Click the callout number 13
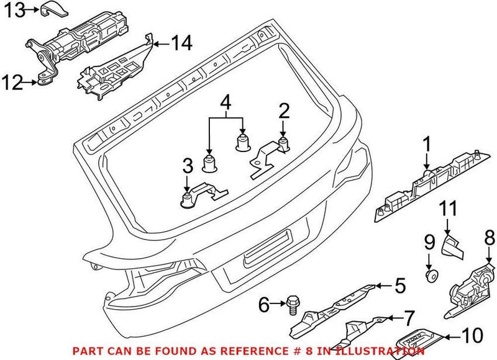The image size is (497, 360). pyautogui.click(x=13, y=9)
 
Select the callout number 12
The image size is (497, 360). pyautogui.click(x=13, y=80)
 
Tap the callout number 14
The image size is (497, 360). pyautogui.click(x=182, y=43)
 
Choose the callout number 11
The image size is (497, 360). pyautogui.click(x=449, y=209)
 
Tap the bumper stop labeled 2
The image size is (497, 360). pyautogui.click(x=283, y=145)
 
